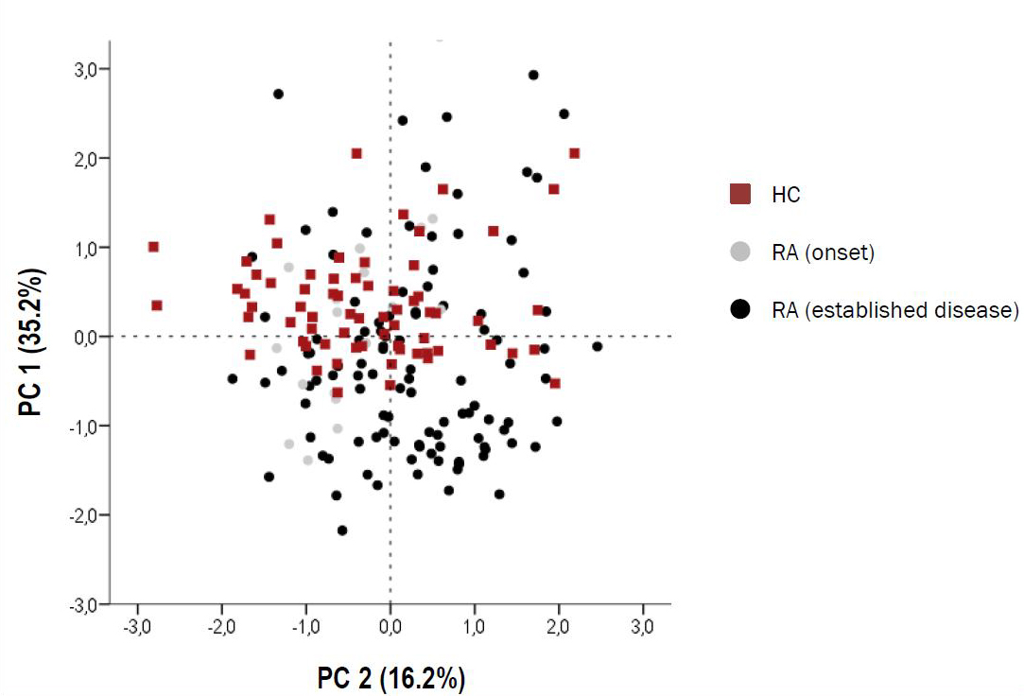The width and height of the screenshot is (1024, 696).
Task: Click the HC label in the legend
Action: point(786,195)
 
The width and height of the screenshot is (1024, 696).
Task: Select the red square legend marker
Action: point(741,195)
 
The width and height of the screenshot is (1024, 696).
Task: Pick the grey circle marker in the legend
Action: point(741,252)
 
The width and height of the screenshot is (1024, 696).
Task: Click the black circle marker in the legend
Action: point(741,309)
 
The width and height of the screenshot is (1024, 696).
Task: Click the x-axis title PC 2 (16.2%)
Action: point(391,679)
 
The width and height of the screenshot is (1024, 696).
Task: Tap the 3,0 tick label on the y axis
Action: point(91,69)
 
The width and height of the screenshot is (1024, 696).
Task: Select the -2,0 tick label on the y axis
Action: point(88,515)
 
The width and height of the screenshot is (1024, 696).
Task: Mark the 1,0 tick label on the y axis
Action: point(91,248)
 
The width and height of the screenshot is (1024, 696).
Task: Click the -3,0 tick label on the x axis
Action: point(138,627)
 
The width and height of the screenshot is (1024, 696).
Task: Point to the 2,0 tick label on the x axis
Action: point(559,627)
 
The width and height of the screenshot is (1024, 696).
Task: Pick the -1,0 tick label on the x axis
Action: point(306,627)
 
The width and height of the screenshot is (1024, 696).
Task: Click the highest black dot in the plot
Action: point(533,75)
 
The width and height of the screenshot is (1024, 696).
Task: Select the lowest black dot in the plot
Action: point(342,531)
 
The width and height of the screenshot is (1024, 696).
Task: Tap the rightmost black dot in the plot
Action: point(597,346)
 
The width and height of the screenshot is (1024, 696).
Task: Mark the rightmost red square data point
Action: point(574,153)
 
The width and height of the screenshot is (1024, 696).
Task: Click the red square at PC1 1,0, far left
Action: point(153,247)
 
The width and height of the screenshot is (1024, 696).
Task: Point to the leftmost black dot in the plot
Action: point(233,379)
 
